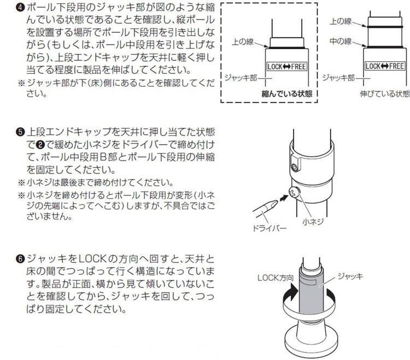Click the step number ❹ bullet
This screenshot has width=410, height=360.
tap(20, 8)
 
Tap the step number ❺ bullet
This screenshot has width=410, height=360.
tap(20, 132)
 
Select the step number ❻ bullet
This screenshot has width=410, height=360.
tap(20, 259)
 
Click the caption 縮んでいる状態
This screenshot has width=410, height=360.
tap(287, 94)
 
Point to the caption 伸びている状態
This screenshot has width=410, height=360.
tap(385, 94)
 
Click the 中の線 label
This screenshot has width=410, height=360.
tap(341, 41)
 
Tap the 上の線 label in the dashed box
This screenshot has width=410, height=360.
tap(243, 42)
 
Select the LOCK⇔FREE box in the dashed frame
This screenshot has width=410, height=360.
tap(286, 67)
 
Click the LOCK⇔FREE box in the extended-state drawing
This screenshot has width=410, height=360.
tap(385, 66)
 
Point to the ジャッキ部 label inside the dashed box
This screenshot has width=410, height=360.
tap(241, 78)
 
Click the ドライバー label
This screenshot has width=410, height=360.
tap(270, 228)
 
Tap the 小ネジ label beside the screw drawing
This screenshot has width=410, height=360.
tap(313, 222)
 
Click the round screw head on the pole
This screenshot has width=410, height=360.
tap(295, 192)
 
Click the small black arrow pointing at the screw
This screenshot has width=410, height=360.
tap(283, 197)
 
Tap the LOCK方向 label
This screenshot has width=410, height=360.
tap(276, 278)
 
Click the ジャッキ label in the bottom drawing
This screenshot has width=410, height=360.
tap(350, 276)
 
